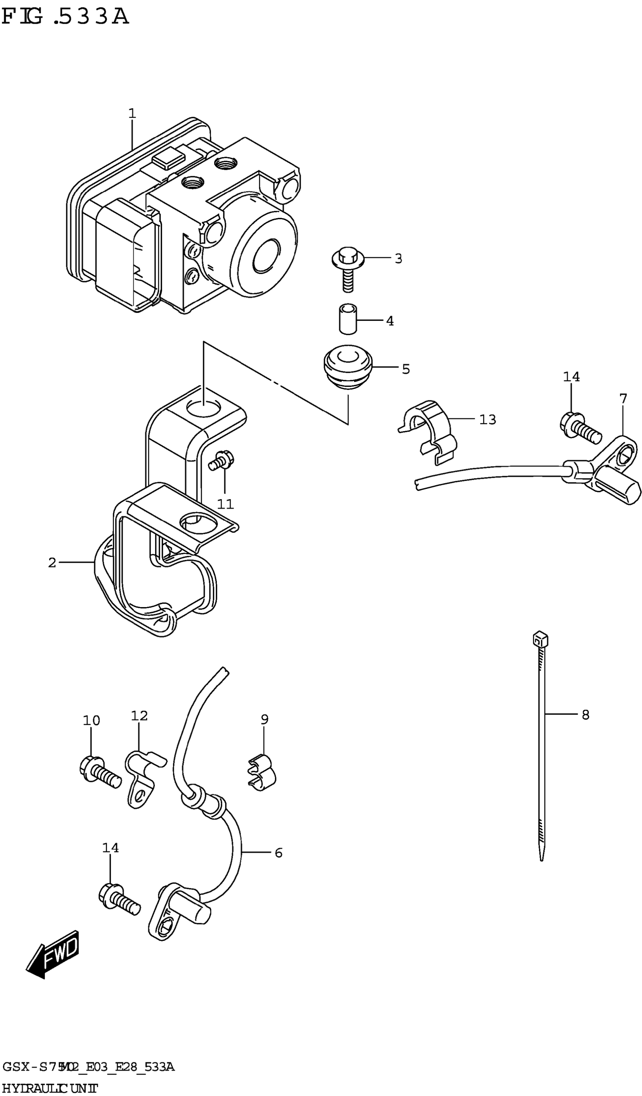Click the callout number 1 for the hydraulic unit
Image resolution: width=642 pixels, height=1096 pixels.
(x=132, y=114)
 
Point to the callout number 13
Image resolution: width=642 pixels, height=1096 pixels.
(x=487, y=420)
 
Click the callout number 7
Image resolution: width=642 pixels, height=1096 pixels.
(x=623, y=398)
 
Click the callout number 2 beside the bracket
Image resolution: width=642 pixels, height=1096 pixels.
(x=52, y=563)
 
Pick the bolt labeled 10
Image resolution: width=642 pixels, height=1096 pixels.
(x=100, y=775)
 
